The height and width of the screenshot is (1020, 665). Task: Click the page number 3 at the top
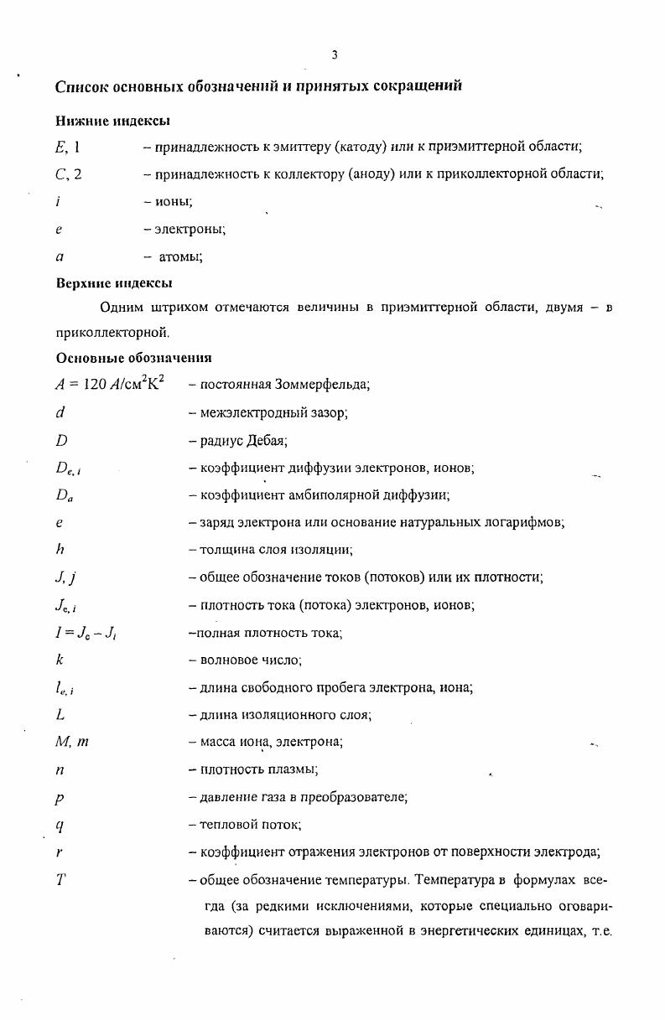[x=334, y=55]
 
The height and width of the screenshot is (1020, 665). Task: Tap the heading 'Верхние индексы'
[x=114, y=282]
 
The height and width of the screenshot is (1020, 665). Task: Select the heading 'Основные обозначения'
[x=134, y=358]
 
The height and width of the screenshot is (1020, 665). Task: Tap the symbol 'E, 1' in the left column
[x=67, y=147]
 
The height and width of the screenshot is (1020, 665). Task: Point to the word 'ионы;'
[x=173, y=201]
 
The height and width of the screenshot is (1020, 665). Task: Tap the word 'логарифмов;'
[x=530, y=522]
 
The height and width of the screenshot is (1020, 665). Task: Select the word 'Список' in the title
[x=83, y=86]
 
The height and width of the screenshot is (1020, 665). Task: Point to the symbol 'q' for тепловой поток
[x=60, y=825]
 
